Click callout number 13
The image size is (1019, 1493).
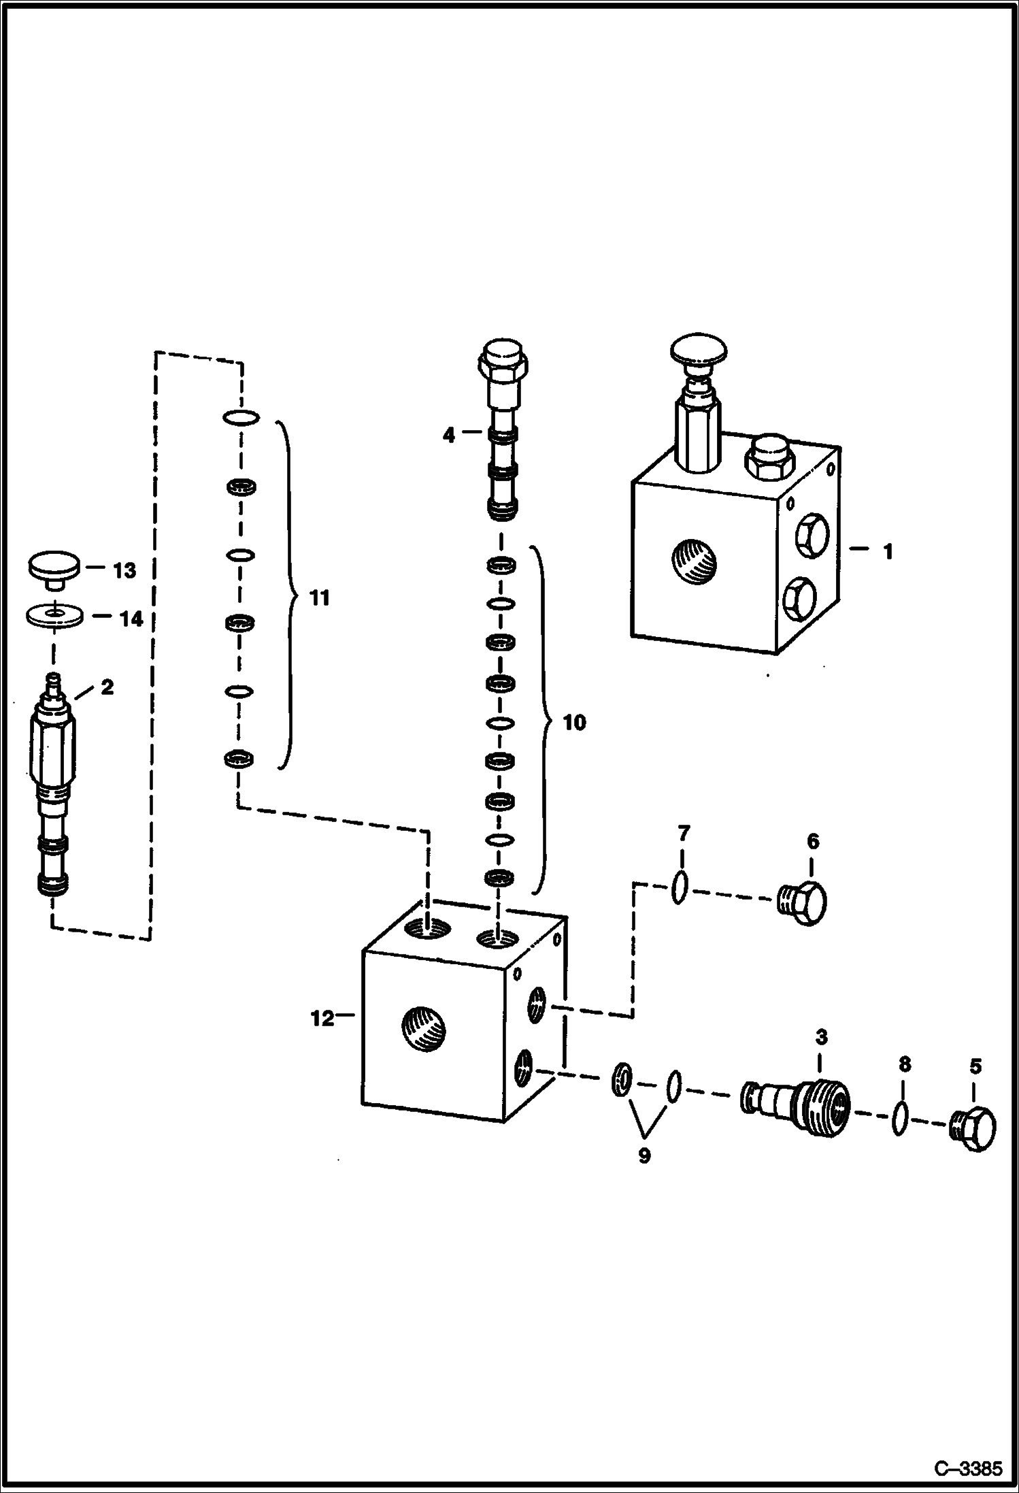click(124, 570)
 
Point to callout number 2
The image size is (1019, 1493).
click(107, 687)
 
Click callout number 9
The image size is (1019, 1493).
click(644, 1155)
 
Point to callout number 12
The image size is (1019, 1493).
click(322, 1019)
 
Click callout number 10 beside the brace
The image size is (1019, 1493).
click(574, 722)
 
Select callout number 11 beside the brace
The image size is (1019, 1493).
click(319, 598)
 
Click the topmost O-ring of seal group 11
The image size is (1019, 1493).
click(240, 417)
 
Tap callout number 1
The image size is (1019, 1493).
click(887, 551)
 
